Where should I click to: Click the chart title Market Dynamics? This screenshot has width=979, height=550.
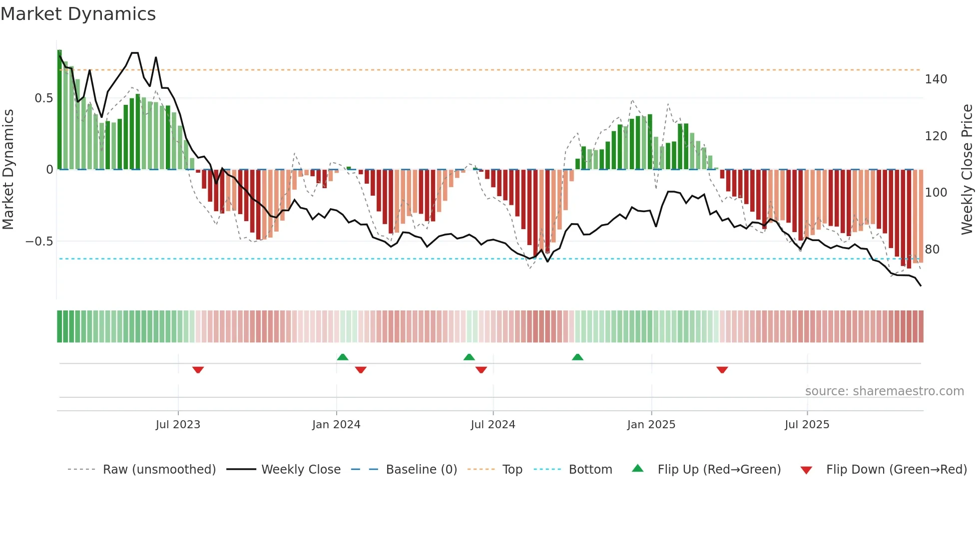[x=78, y=14]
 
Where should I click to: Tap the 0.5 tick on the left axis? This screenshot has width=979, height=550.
[x=43, y=98]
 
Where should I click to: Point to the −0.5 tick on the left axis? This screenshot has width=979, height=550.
[x=39, y=242]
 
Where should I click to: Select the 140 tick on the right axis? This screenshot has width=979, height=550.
[x=936, y=79]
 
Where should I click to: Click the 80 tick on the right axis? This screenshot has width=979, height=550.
[x=932, y=249]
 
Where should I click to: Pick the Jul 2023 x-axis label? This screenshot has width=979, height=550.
[x=178, y=425]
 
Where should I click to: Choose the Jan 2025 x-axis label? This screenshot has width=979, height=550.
[x=651, y=425]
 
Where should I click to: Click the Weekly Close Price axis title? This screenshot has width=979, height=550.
[x=967, y=170]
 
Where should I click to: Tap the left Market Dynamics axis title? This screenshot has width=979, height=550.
[x=8, y=170]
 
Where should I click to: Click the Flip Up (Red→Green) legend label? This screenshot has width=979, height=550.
[x=719, y=470]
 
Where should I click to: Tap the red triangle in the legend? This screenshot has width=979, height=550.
[x=806, y=470]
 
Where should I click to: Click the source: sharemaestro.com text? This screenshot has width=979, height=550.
[x=884, y=391]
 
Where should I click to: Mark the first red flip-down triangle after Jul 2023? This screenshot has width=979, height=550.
[x=198, y=370]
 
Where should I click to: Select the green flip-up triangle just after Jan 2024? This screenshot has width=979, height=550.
[x=343, y=357]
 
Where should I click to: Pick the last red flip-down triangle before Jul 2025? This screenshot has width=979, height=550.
[x=722, y=370]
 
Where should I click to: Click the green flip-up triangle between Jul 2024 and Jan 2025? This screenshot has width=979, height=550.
[x=577, y=357]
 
